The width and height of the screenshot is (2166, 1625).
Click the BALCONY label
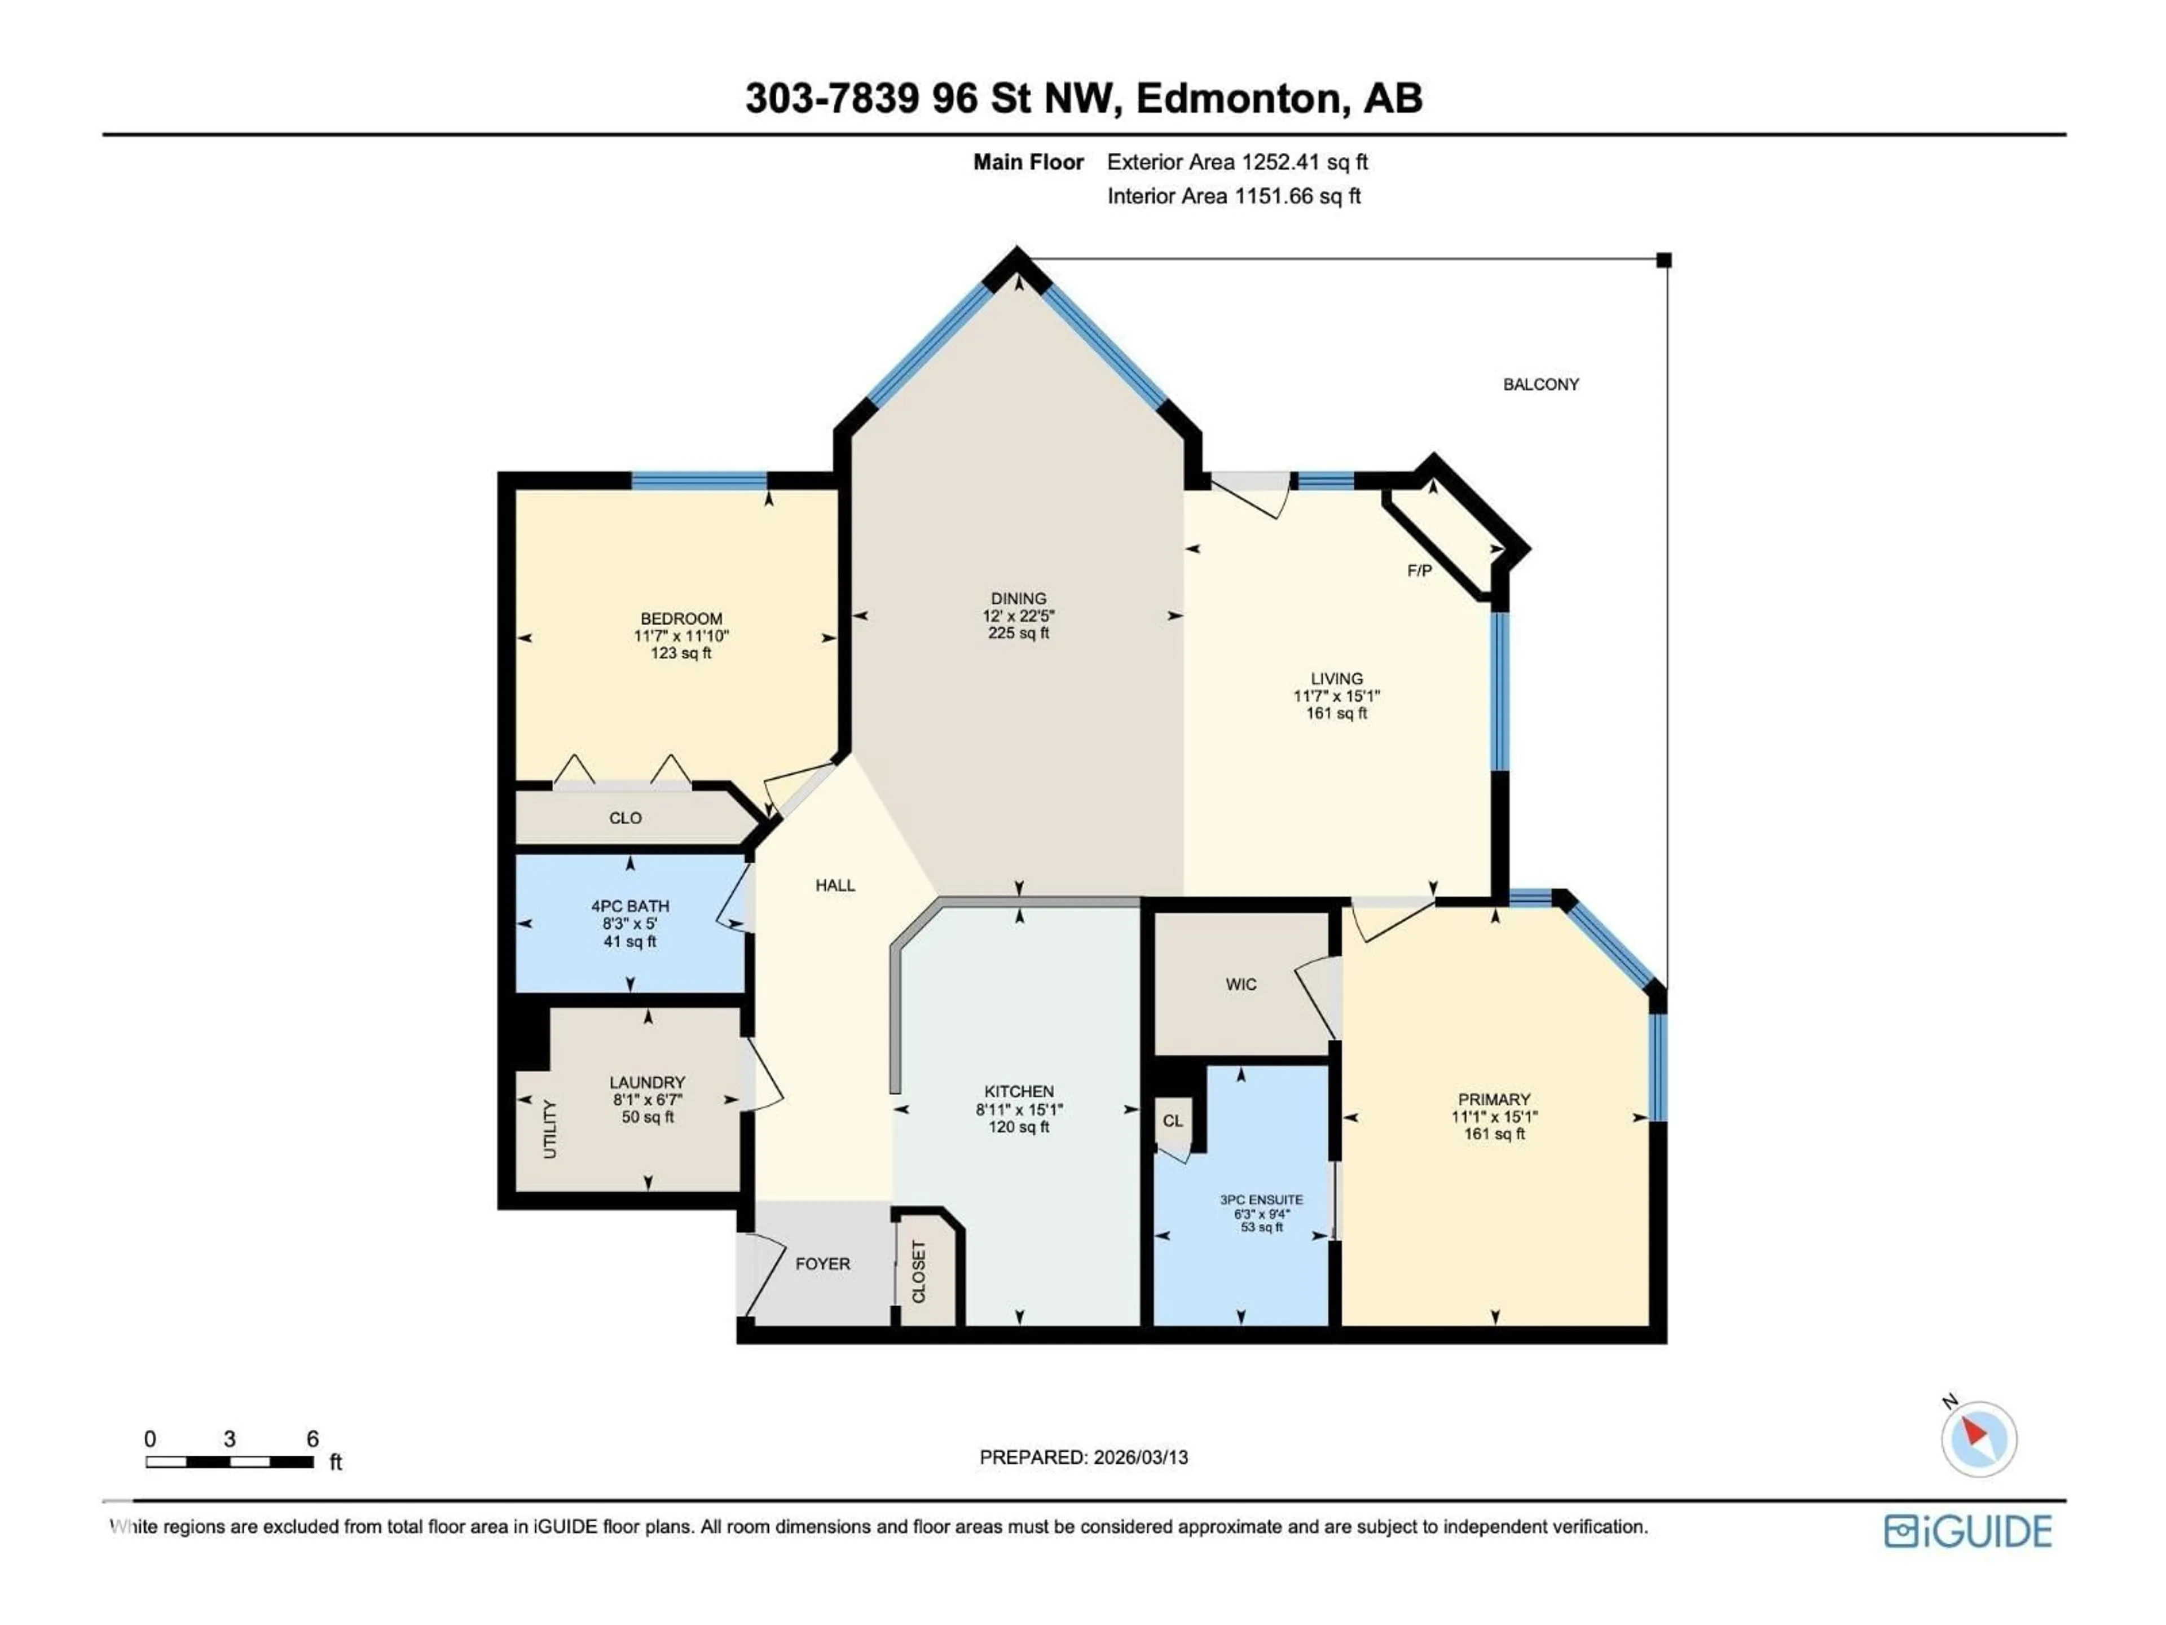(x=1540, y=385)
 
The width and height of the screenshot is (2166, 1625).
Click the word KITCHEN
(x=1018, y=1091)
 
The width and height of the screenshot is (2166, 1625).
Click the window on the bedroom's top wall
(x=698, y=481)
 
